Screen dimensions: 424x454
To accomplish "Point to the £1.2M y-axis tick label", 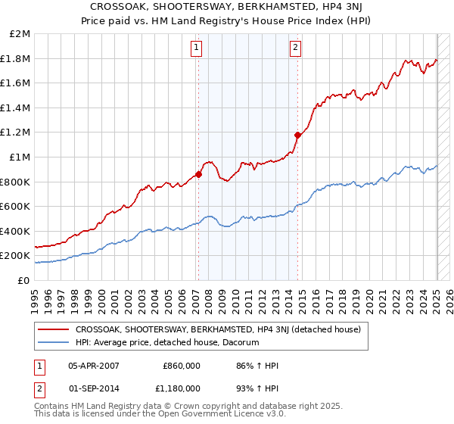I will [x=16, y=132].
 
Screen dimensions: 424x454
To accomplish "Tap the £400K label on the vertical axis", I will [x=16, y=231].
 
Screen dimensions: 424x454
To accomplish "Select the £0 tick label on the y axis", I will [x=23, y=280].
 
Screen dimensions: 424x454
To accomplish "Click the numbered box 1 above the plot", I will [x=197, y=48].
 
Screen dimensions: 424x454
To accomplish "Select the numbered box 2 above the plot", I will [x=295, y=48].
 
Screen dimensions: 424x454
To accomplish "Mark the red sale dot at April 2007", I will [x=198, y=174].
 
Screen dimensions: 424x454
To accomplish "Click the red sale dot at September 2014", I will [x=298, y=135].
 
